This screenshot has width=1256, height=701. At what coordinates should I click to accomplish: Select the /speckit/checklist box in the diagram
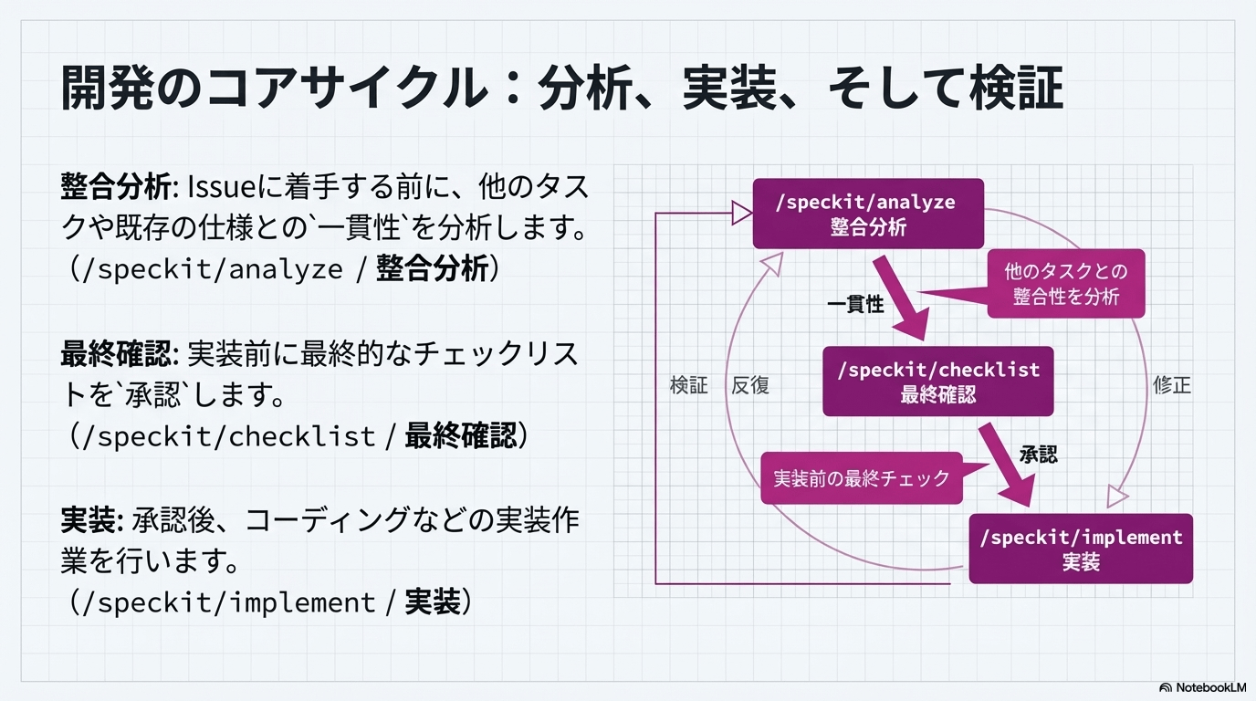937,382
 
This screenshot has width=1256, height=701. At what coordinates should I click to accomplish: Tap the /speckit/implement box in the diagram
1081,549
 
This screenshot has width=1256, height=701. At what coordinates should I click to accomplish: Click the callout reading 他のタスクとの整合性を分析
1065,284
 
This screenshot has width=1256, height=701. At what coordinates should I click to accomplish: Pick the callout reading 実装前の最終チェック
862,478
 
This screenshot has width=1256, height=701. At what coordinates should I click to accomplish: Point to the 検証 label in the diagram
689,385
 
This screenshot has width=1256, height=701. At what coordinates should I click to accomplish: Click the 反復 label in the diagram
750,385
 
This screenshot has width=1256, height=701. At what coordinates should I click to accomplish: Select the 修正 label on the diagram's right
1172,385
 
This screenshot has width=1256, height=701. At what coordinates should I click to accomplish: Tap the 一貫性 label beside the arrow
855,305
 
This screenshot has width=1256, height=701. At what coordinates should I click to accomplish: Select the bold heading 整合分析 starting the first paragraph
116,189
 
